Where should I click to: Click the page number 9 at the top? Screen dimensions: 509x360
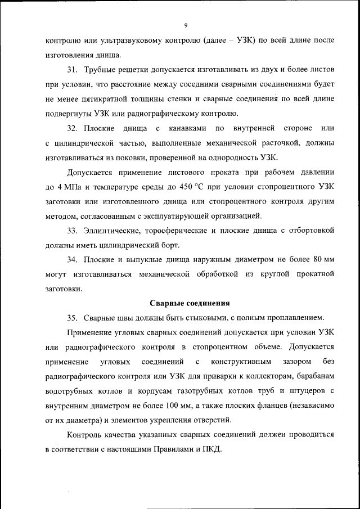[185, 25]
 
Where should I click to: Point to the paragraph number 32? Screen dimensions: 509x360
[73, 129]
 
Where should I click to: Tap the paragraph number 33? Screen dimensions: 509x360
[73, 231]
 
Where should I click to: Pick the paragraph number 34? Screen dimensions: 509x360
[73, 260]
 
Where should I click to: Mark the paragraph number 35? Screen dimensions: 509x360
[73, 318]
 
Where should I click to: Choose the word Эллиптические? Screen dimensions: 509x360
[111, 231]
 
